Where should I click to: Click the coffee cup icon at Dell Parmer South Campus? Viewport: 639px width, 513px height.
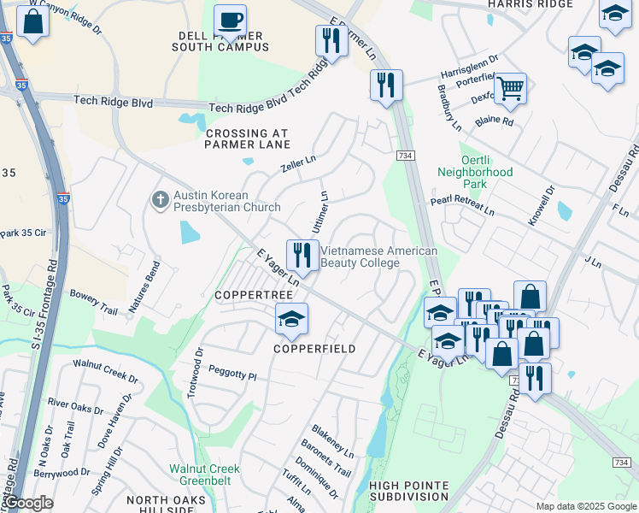pyautogui.click(x=229, y=20)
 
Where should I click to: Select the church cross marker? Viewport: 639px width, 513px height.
pyautogui.click(x=160, y=200)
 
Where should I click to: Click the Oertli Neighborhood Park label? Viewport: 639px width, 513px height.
pyautogui.click(x=474, y=178)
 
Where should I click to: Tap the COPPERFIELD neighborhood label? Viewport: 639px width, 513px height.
pyautogui.click(x=314, y=349)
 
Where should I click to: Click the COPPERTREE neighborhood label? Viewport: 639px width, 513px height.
pyautogui.click(x=254, y=294)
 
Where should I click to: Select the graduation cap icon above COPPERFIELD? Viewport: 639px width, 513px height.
pyautogui.click(x=291, y=319)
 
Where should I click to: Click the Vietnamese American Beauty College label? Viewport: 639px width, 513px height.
pyautogui.click(x=378, y=256)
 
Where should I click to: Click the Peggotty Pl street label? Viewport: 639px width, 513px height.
pyautogui.click(x=230, y=375)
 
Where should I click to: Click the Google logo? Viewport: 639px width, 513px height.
pyautogui.click(x=28, y=504)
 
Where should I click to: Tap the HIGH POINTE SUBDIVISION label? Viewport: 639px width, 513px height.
pyautogui.click(x=408, y=491)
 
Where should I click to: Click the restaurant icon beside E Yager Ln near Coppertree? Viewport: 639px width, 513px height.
pyautogui.click(x=302, y=255)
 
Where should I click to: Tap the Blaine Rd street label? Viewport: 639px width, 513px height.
pyautogui.click(x=495, y=121)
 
